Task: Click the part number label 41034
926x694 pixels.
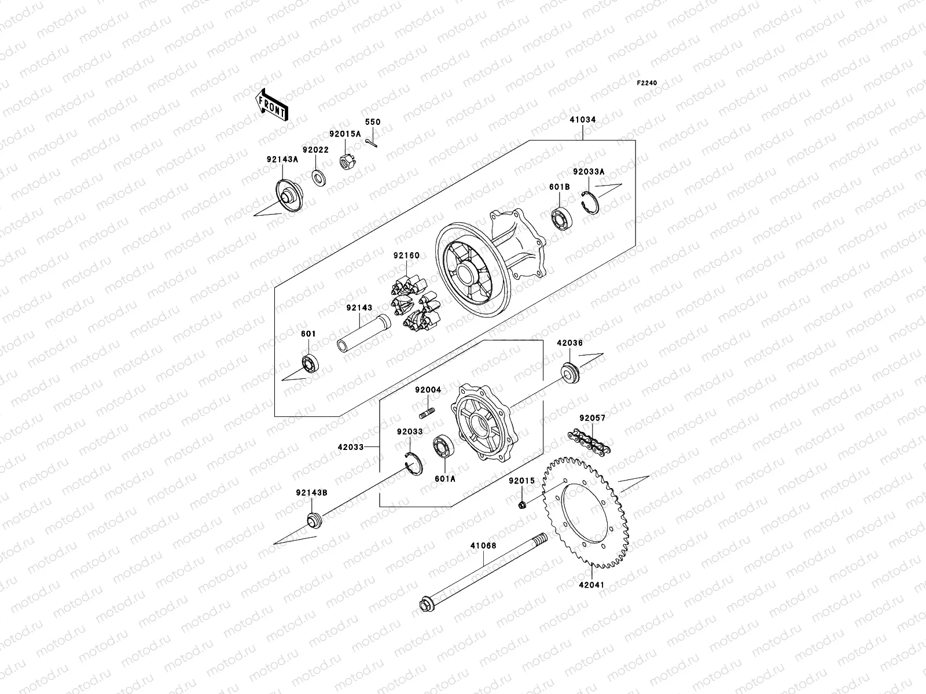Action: (x=582, y=120)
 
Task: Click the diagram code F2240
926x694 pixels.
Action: (x=647, y=83)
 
